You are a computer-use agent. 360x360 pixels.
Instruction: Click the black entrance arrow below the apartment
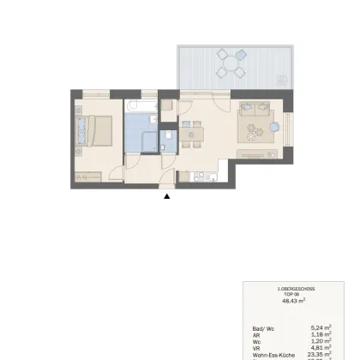coord(167,196)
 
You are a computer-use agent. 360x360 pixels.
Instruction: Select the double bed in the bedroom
coord(94,131)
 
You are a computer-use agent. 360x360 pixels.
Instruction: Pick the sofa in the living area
coord(256,110)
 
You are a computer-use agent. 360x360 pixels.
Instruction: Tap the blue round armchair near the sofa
coord(274,126)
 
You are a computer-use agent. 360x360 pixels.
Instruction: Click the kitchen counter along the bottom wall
coord(204,177)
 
